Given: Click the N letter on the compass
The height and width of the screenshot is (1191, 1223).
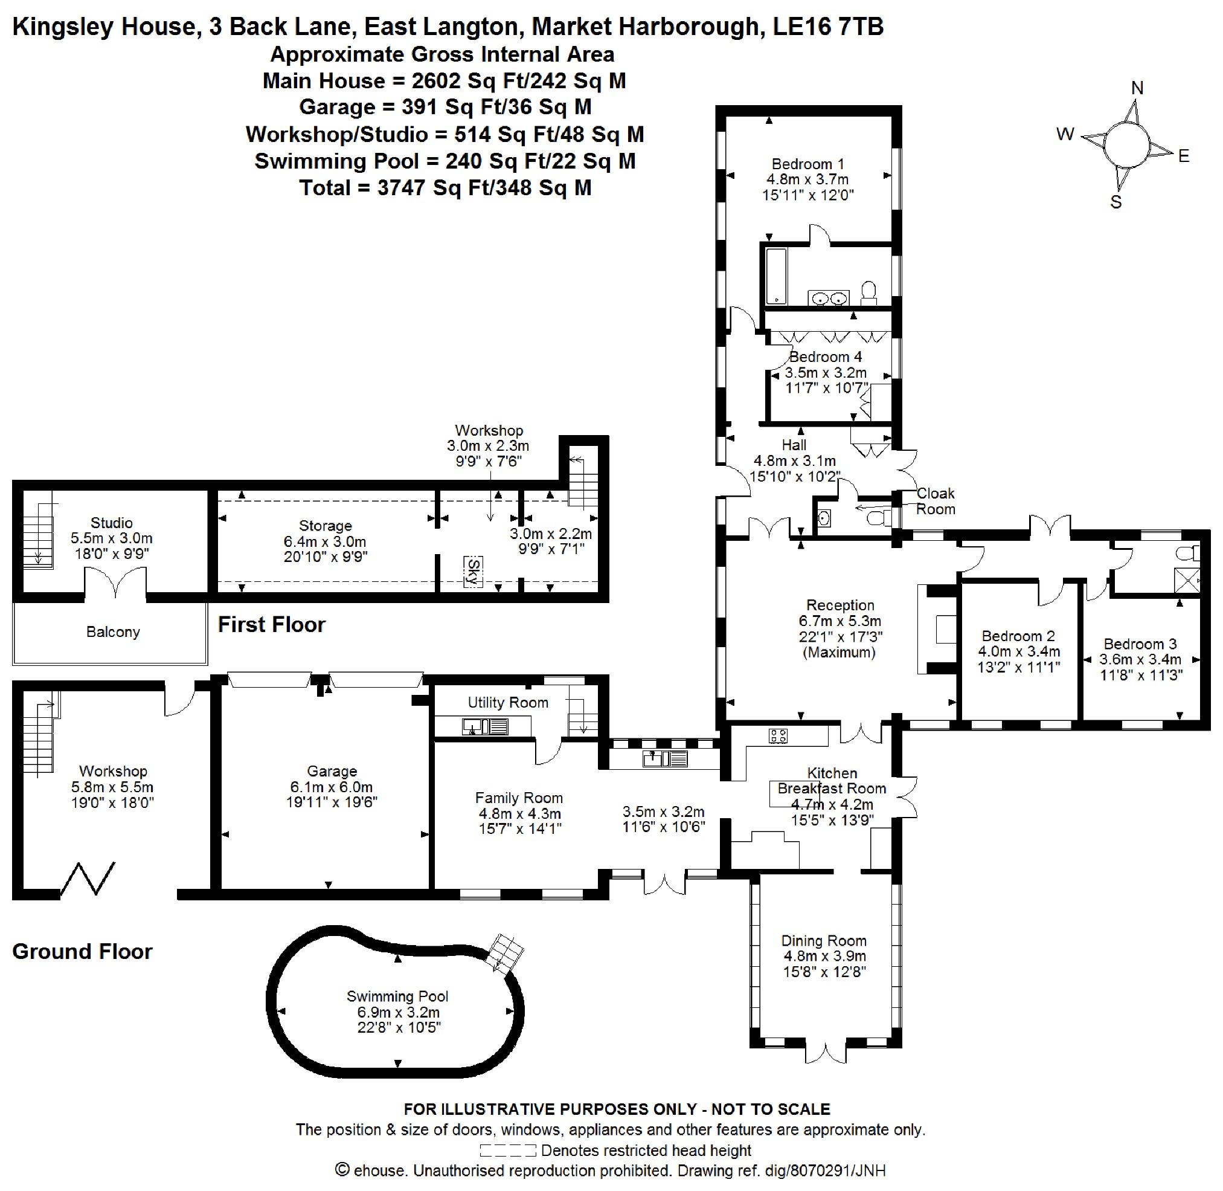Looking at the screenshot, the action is point(1137,88).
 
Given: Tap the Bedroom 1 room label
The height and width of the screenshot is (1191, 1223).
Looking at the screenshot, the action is point(808,164).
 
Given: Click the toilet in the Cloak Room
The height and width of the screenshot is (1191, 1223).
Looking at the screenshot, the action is point(878,518).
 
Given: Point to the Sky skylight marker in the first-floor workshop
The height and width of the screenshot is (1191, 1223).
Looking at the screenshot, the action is point(473,571).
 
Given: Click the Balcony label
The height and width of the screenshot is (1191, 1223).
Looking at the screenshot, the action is point(113,632).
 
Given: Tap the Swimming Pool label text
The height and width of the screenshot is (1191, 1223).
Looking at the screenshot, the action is point(397,996).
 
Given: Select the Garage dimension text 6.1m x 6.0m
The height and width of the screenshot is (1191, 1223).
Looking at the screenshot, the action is point(332,787).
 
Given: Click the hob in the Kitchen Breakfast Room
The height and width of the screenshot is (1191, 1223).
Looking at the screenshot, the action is point(778,735).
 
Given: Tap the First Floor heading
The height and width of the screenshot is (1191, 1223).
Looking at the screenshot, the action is point(271,624).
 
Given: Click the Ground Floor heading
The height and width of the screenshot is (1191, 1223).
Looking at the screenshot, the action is point(82,952).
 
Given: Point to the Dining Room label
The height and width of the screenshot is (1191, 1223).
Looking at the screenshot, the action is point(823,940).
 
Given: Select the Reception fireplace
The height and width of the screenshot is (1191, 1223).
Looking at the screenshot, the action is point(938,629).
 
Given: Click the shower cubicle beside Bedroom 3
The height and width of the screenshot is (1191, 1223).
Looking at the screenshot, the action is point(1187,580).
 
